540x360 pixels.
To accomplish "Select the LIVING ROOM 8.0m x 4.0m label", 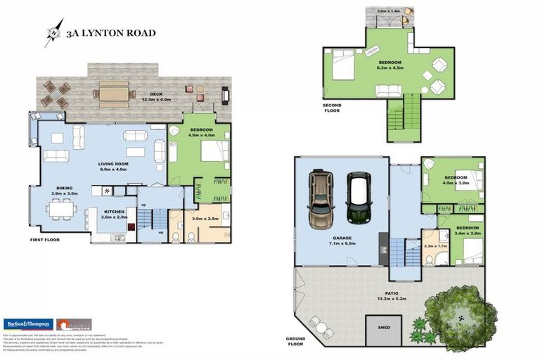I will [x=112, y=166].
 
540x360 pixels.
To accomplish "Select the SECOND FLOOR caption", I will [x=333, y=108].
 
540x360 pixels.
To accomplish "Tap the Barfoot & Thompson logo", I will [x=27, y=324].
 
